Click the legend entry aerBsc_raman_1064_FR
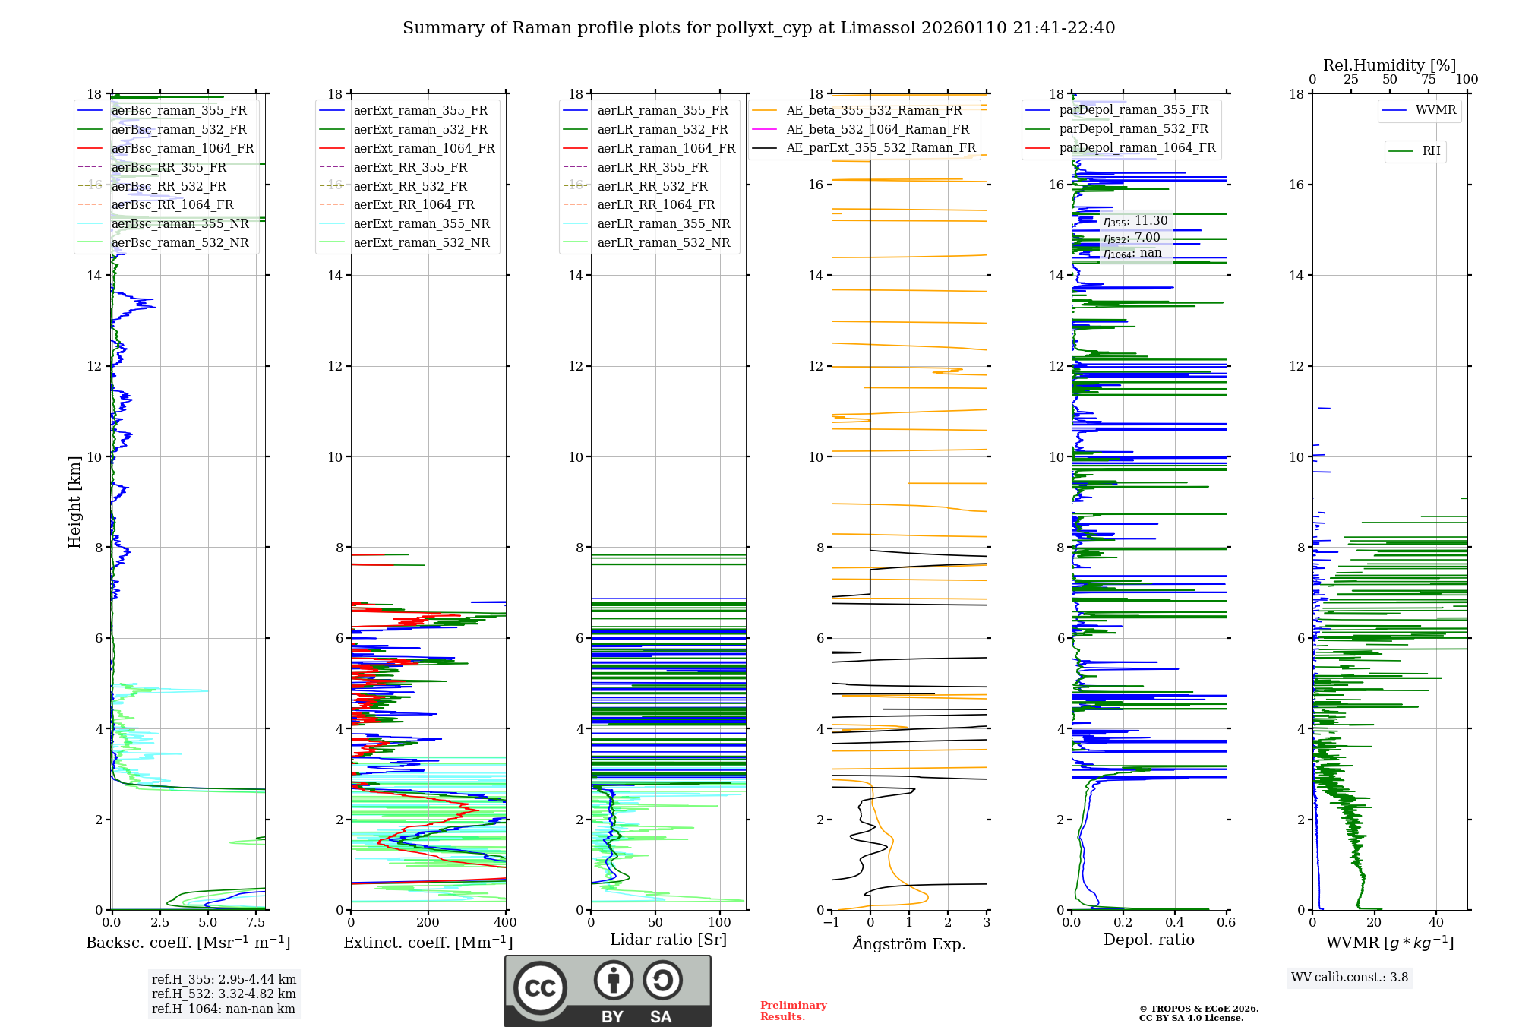point(182,149)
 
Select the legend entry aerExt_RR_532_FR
point(410,186)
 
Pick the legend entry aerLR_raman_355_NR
point(663,224)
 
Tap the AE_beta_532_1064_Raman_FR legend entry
point(877,129)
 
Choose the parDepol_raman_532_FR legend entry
point(1133,129)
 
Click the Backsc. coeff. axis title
point(188,943)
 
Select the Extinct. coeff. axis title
point(428,943)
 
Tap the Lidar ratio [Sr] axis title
point(668,940)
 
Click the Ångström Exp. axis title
point(908,944)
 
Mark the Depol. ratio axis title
point(1148,940)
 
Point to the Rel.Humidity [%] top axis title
point(1389,65)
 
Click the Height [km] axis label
point(74,502)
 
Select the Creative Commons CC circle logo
point(540,987)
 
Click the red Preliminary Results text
point(793,1011)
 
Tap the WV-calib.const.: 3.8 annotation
point(1349,978)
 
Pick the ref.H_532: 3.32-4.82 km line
point(223,994)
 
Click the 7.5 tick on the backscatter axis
point(256,923)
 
